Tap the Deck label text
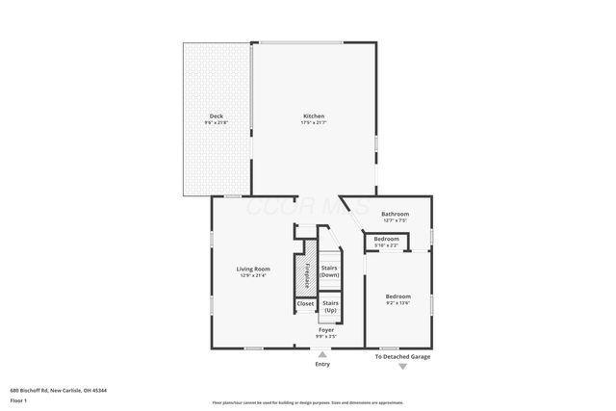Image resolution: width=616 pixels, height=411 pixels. pyautogui.click(x=217, y=116)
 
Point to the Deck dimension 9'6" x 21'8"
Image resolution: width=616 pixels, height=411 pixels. pyautogui.click(x=217, y=123)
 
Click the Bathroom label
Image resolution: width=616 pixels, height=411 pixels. pyautogui.click(x=395, y=214)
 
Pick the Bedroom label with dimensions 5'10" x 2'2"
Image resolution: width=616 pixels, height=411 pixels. pyautogui.click(x=386, y=239)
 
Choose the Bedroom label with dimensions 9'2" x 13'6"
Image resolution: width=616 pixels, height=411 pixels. pyautogui.click(x=398, y=296)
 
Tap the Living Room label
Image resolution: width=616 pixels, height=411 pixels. pyautogui.click(x=254, y=269)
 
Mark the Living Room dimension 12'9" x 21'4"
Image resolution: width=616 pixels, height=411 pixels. pyautogui.click(x=254, y=275)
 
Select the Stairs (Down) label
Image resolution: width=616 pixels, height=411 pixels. pyautogui.click(x=329, y=271)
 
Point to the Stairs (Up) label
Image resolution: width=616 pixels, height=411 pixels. pyautogui.click(x=330, y=307)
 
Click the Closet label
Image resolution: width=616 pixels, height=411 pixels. pyautogui.click(x=305, y=303)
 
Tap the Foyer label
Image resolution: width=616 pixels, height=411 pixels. pyautogui.click(x=326, y=330)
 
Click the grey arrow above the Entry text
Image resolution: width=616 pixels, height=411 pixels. pyautogui.click(x=321, y=351)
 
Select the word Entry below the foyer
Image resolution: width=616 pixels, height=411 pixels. pyautogui.click(x=321, y=364)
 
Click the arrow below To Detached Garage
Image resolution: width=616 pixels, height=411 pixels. pyautogui.click(x=402, y=366)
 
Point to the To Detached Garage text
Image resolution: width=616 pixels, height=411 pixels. pyautogui.click(x=402, y=357)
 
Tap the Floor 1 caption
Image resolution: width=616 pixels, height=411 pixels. pyautogui.click(x=18, y=398)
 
